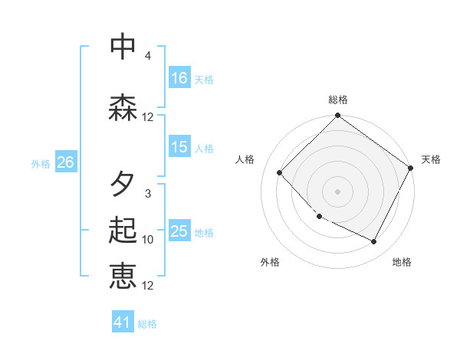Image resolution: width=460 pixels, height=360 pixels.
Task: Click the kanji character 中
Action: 123,47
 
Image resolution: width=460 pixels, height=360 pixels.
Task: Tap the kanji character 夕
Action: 123,185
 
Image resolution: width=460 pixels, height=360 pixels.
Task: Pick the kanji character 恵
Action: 123,276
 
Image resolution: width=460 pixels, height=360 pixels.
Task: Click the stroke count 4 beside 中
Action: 148,56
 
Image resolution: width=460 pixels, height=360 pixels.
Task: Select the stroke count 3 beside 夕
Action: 148,194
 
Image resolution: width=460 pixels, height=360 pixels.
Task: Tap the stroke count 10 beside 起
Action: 148,240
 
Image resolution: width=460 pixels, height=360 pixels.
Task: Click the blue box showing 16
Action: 179,77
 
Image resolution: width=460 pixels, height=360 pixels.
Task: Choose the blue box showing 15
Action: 179,147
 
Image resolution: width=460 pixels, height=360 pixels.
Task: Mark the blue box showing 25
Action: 179,231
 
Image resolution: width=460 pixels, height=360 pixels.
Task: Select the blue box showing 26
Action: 65,162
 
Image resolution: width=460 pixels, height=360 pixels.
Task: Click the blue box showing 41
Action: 123,322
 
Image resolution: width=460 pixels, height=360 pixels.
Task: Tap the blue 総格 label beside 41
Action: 148,324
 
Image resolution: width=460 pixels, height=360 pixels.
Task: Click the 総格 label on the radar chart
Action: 338,100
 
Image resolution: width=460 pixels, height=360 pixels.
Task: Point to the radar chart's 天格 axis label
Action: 431,159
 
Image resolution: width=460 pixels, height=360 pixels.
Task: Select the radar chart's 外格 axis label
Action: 270,262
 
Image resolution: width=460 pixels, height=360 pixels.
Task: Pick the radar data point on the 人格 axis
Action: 280,173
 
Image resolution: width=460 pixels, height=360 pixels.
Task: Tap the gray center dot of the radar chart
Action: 337,191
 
